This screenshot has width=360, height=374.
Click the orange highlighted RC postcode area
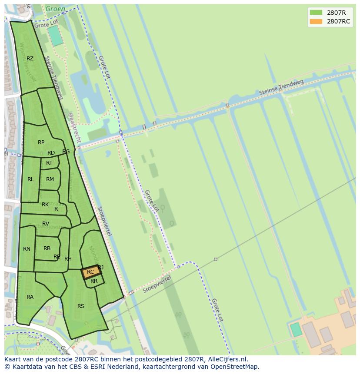click(x=91, y=272)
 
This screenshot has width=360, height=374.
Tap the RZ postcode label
click(x=30, y=59)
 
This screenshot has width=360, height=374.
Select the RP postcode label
click(x=41, y=142)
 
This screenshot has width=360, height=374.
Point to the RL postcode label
click(x=30, y=179)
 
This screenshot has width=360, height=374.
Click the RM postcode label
click(x=50, y=179)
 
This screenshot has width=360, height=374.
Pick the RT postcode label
click(x=49, y=163)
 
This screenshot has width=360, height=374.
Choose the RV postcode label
click(x=46, y=224)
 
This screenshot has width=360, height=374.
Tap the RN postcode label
click(x=27, y=249)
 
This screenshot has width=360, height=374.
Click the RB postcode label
click(x=47, y=248)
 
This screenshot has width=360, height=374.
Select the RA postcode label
click(x=30, y=297)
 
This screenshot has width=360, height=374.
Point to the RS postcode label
click(x=81, y=306)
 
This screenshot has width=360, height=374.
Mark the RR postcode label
click(x=94, y=281)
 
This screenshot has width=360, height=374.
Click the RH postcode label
click(x=68, y=259)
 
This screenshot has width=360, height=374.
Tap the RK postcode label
click(x=45, y=205)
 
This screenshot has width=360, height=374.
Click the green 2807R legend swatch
click(x=316, y=12)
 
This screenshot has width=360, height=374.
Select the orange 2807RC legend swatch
click(x=316, y=21)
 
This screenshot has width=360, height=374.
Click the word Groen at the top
click(x=56, y=8)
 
